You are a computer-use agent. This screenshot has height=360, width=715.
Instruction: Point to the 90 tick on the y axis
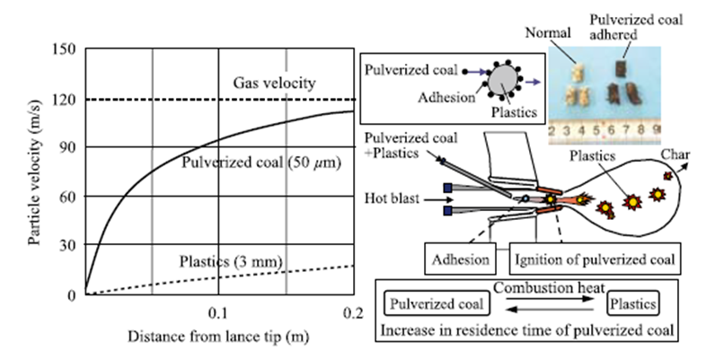[67, 146]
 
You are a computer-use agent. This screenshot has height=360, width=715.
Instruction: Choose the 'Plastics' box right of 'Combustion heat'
[631, 304]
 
